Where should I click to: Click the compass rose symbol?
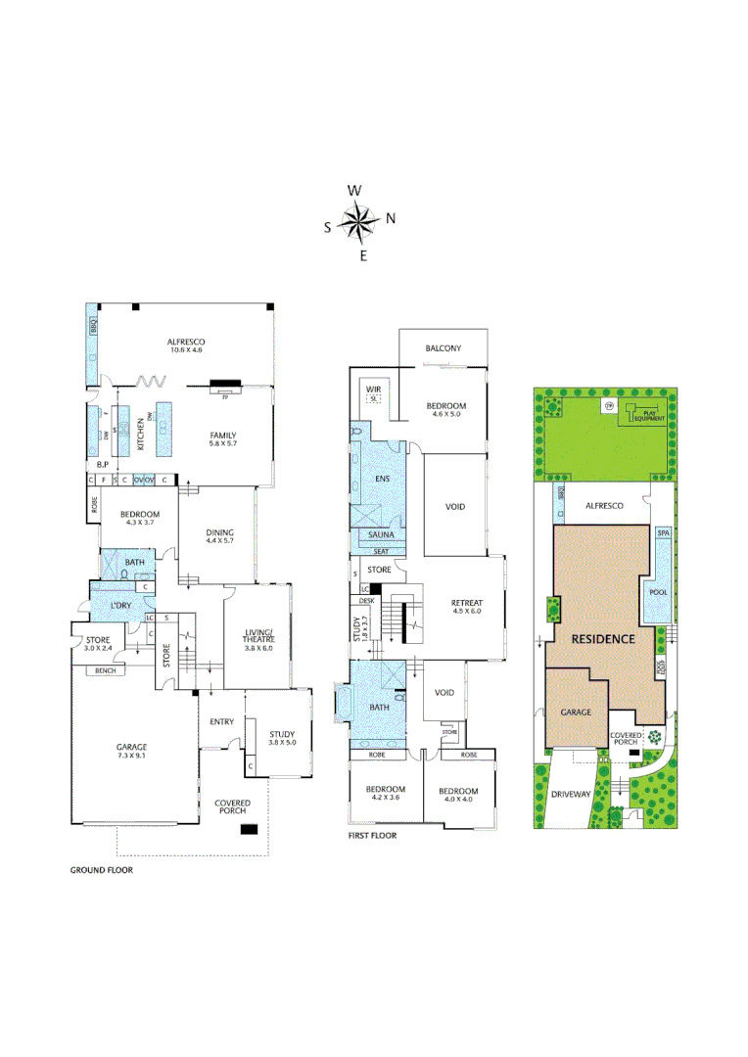(358, 223)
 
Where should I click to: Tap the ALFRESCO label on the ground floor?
(184, 343)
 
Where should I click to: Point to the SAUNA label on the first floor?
(380, 535)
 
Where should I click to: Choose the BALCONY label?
(443, 348)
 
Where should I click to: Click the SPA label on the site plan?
(663, 533)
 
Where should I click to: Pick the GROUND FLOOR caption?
(101, 869)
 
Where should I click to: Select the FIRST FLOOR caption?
(372, 837)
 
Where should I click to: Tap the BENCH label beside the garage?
(105, 670)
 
